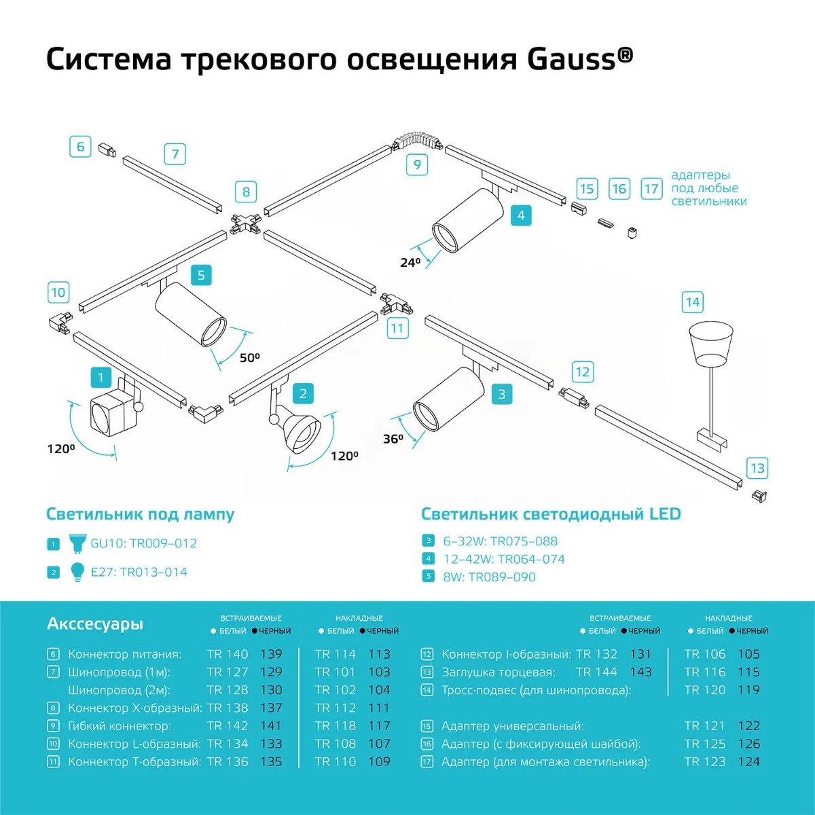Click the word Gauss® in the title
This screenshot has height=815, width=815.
point(579,59)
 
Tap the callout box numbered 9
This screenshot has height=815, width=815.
point(417,164)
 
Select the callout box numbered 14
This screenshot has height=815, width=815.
point(692,302)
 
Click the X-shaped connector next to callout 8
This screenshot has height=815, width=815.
point(246,222)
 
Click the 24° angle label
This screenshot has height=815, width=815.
point(410,262)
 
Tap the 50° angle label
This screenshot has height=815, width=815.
point(249,357)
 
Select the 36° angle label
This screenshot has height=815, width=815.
point(393,439)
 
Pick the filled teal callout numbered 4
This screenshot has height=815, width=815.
point(521,215)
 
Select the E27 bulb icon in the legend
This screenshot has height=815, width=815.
point(77,572)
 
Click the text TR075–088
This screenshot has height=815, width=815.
point(524,541)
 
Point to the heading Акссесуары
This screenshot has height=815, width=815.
point(95,623)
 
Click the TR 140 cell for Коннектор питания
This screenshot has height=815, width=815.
point(228,654)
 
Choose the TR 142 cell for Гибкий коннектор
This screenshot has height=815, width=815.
point(228,725)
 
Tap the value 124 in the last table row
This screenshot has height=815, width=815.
point(748,761)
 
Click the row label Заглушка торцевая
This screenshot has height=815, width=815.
point(498,672)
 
